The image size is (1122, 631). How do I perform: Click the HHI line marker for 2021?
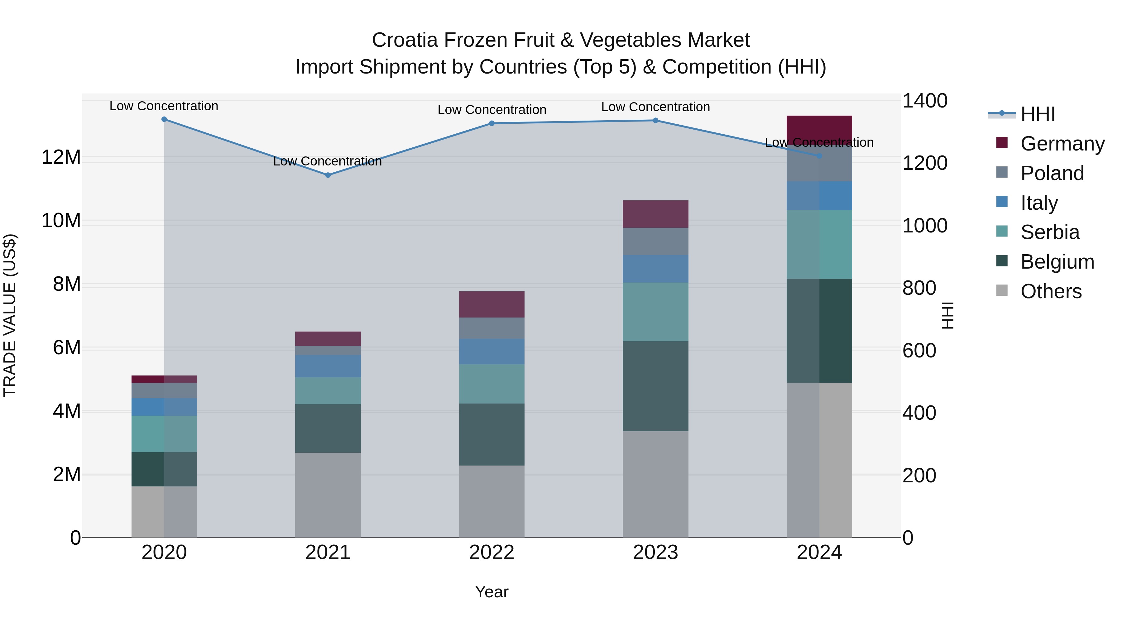coord(328,175)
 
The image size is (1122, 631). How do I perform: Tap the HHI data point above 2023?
coord(655,121)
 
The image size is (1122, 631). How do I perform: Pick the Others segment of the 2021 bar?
coord(328,495)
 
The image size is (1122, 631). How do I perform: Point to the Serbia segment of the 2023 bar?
coord(655,312)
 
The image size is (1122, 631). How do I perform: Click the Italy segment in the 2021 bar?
coord(328,366)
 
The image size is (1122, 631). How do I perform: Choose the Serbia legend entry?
coord(1050,232)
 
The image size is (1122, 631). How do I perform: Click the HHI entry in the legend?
coord(1038,114)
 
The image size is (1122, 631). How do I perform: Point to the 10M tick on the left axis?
coord(61,221)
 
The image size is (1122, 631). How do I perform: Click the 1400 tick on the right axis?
coord(925,101)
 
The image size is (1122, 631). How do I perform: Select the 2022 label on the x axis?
coord(492,552)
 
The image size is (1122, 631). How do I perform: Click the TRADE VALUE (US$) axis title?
coord(10,315)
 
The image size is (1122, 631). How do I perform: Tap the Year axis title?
coord(492,592)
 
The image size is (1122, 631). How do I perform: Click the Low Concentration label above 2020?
coord(164,106)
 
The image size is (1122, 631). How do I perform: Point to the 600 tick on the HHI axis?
coord(919,351)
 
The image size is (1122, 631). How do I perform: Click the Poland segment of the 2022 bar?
coord(492,328)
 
